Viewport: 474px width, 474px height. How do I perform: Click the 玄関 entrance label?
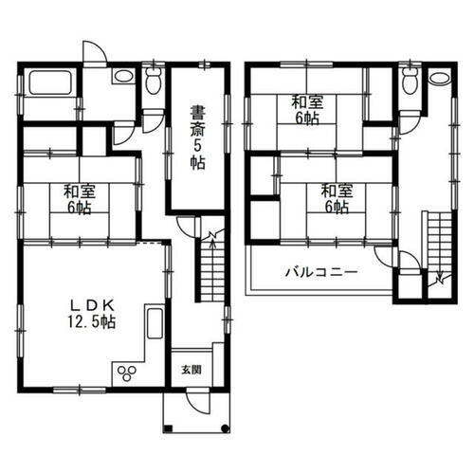[x=191, y=370]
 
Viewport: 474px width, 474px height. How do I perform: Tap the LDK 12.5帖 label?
[x=92, y=314]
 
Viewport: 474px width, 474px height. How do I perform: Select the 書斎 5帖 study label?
[x=198, y=137]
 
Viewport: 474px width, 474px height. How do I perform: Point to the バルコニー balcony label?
[x=321, y=272]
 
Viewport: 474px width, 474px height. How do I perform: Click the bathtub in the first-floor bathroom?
[x=50, y=82]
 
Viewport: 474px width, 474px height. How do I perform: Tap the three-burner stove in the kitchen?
[x=127, y=373]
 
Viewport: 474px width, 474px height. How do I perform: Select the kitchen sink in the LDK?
[x=155, y=323]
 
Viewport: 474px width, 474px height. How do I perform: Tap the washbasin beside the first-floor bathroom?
[x=123, y=76]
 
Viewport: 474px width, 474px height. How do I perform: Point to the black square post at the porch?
[x=169, y=428]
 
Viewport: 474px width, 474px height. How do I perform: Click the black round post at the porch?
[x=225, y=428]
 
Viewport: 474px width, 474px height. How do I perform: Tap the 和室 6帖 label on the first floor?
[x=80, y=200]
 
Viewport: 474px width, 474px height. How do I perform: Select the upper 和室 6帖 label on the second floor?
[x=307, y=110]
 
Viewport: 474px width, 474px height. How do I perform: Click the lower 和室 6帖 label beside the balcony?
[x=337, y=199]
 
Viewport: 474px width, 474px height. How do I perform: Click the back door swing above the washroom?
[x=95, y=54]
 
